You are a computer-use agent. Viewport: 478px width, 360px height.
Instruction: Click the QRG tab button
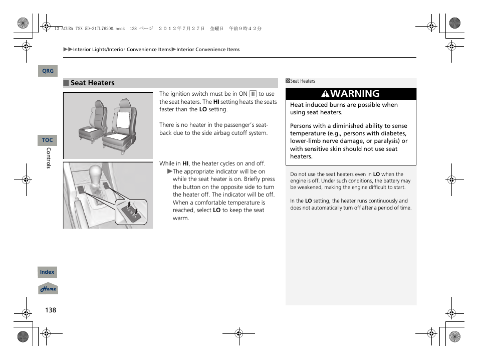[x=48, y=71]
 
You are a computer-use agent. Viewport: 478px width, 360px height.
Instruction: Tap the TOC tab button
[x=48, y=140]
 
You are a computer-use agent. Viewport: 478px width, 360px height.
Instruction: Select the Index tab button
[x=48, y=272]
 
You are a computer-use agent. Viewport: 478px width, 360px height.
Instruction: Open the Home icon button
[x=48, y=289]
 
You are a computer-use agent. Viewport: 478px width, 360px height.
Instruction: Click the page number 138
[x=51, y=310]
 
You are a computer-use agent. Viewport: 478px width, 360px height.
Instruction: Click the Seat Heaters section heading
[x=92, y=83]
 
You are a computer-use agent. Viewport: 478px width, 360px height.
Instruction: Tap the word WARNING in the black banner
[x=355, y=94]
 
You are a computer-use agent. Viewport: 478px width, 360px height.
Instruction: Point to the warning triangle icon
[x=325, y=94]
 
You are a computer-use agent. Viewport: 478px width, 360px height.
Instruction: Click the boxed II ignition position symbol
[x=253, y=94]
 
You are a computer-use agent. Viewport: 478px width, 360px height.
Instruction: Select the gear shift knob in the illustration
[x=97, y=173]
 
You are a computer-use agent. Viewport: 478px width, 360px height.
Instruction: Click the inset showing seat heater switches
[x=131, y=212]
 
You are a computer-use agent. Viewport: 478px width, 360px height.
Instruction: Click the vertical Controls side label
[x=49, y=158]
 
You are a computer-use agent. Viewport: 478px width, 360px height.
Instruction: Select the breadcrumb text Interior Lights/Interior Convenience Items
[x=122, y=50]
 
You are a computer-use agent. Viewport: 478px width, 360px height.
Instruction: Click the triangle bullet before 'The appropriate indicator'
[x=170, y=171]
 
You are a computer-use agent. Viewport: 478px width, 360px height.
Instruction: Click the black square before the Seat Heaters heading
[x=66, y=83]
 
